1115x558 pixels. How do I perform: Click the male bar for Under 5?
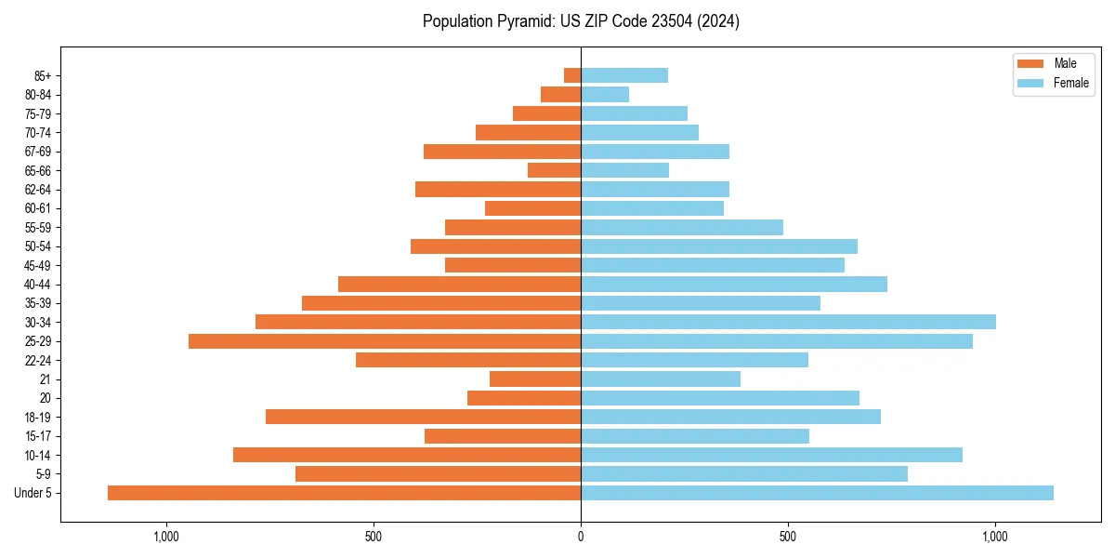pyautogui.click(x=344, y=493)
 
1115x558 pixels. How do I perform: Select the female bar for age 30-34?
pyautogui.click(x=788, y=322)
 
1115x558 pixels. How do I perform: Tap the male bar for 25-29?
pyautogui.click(x=385, y=341)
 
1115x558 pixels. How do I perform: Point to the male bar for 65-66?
pyautogui.click(x=554, y=170)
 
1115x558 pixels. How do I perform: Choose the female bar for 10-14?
pyautogui.click(x=771, y=455)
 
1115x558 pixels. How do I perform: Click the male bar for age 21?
pyautogui.click(x=535, y=379)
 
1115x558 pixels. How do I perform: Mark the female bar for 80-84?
pyautogui.click(x=605, y=95)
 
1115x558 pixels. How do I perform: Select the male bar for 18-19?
pyautogui.click(x=423, y=417)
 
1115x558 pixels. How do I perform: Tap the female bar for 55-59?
pyautogui.click(x=682, y=227)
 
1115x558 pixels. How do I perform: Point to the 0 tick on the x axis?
pyautogui.click(x=581, y=537)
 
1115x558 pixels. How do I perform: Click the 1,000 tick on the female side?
pyautogui.click(x=995, y=537)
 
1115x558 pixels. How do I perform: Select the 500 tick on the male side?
pyautogui.click(x=374, y=537)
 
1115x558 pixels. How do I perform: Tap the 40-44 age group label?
pyautogui.click(x=38, y=285)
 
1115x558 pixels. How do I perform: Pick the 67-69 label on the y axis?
pyautogui.click(x=38, y=152)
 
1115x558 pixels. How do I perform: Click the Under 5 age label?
pyautogui.click(x=33, y=493)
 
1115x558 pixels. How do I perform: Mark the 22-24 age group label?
pyautogui.click(x=38, y=360)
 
